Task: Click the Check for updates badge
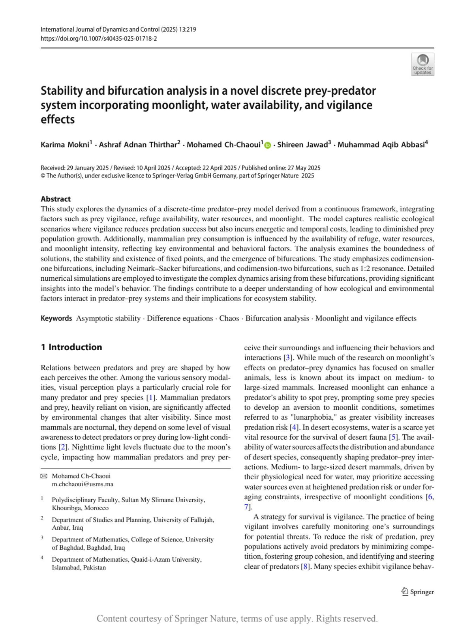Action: (x=422, y=64)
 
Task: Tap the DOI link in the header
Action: (x=99, y=38)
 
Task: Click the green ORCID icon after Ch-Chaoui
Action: (x=268, y=145)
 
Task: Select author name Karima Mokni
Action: (x=65, y=145)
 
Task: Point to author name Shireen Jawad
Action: (x=302, y=145)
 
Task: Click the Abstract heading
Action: (x=56, y=199)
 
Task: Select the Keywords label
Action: (x=56, y=318)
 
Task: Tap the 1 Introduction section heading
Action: (x=71, y=347)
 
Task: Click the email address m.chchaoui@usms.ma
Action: (x=83, y=484)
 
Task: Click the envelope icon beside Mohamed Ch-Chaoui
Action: (x=44, y=476)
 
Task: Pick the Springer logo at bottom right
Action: (x=417, y=592)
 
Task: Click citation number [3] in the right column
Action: (x=288, y=358)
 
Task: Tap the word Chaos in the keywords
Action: (x=229, y=318)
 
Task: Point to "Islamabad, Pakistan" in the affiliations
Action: (x=79, y=568)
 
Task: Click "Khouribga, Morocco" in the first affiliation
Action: (x=80, y=508)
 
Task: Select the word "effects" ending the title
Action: (x=58, y=119)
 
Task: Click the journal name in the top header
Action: (x=100, y=30)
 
